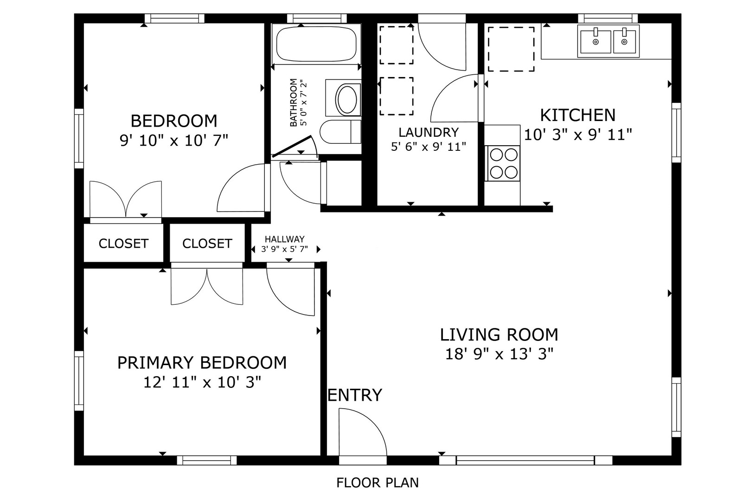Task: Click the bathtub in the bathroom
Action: (x=316, y=44)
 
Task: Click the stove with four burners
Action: (x=503, y=163)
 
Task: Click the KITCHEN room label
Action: (x=578, y=116)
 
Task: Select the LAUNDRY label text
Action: (x=429, y=133)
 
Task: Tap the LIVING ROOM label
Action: (x=499, y=334)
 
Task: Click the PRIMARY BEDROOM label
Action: (x=202, y=363)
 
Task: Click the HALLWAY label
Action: (x=285, y=239)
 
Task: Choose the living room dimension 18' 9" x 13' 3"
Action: (x=499, y=354)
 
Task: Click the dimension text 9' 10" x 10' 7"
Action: (x=174, y=141)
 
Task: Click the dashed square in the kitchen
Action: (x=511, y=49)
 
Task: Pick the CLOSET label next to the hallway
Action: (x=207, y=244)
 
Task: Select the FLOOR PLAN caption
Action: (x=378, y=482)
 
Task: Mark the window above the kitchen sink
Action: (x=608, y=19)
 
